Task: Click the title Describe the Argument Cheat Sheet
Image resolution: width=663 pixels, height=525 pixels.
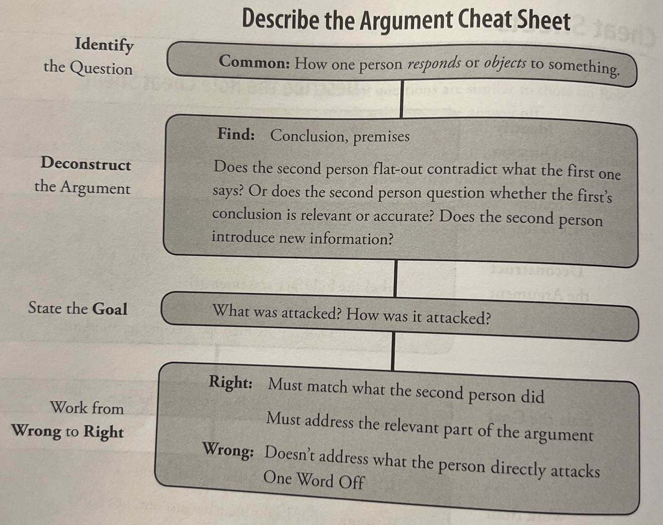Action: click(x=406, y=21)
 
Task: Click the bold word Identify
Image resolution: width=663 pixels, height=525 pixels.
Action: click(x=104, y=45)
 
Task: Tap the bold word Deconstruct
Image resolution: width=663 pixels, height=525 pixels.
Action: click(x=86, y=164)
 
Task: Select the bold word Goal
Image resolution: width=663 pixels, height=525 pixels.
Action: click(x=110, y=309)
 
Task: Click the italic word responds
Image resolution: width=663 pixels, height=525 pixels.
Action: click(x=434, y=64)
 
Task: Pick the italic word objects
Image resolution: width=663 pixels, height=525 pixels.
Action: click(x=505, y=64)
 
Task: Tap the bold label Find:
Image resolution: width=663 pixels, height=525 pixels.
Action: click(x=236, y=134)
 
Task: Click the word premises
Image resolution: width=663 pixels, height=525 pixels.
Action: click(x=381, y=137)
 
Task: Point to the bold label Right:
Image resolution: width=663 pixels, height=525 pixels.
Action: click(x=231, y=382)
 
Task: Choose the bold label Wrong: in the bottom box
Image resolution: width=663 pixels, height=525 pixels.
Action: click(x=228, y=450)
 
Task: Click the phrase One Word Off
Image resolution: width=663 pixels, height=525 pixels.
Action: click(x=314, y=479)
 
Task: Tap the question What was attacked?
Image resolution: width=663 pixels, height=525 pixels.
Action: click(x=276, y=312)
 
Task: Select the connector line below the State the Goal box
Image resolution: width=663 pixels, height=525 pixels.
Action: click(x=393, y=351)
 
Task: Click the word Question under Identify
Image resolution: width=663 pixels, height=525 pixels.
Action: click(x=101, y=68)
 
